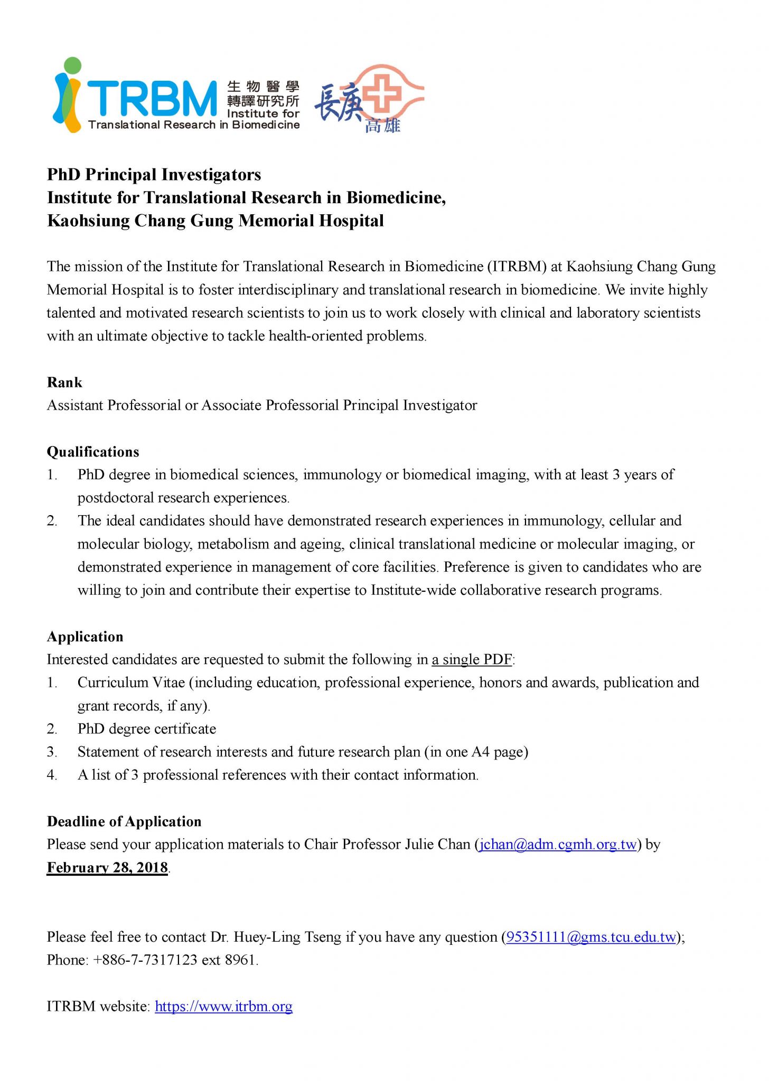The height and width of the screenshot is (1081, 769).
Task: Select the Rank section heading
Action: point(64,382)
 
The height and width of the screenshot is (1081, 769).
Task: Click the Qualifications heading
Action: point(93,452)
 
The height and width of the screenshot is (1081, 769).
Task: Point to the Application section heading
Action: point(85,637)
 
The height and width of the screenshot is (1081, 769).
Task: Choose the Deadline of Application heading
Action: point(124,821)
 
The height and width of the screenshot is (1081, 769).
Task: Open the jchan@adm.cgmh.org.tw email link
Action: point(557,845)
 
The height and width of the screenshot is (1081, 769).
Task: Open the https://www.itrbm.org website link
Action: point(223,1006)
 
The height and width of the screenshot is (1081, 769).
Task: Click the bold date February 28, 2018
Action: point(107,868)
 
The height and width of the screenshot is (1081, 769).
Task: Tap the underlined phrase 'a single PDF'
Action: point(472,660)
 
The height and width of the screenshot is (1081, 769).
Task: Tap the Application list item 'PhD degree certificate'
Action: point(147,729)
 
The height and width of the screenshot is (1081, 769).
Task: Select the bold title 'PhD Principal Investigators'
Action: point(154,174)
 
